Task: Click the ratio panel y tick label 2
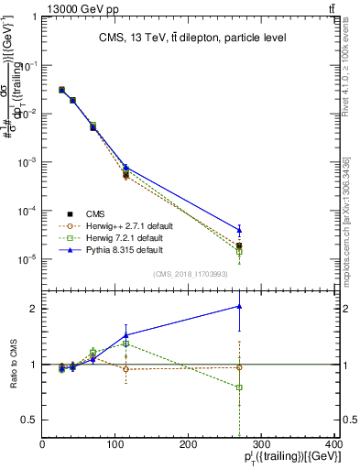point(33,309)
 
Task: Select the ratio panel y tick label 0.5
point(29,420)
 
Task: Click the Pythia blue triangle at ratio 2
point(239,306)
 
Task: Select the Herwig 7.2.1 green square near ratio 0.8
point(239,387)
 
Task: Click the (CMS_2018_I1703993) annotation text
point(190,273)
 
